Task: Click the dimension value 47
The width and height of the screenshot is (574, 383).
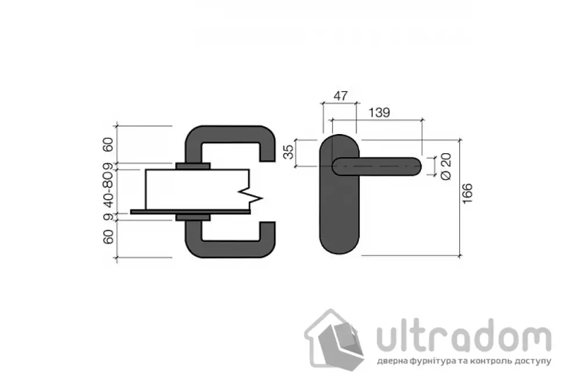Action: click(340, 96)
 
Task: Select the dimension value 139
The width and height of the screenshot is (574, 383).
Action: click(379, 113)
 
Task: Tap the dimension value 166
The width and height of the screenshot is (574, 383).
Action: click(467, 193)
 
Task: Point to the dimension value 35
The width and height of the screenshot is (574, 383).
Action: click(289, 152)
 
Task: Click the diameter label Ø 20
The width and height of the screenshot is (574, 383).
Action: click(446, 167)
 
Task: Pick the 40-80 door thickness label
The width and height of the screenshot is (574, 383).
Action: click(108, 190)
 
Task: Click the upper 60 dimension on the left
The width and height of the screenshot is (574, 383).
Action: click(108, 144)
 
